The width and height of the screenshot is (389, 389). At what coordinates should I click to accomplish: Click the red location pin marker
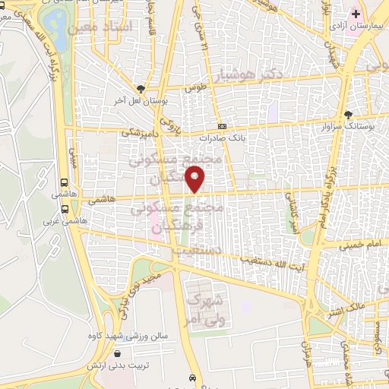tap(196, 179)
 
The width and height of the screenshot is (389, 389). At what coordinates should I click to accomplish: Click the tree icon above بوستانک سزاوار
tap(348, 112)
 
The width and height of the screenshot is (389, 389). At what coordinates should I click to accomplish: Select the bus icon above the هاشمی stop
tap(65, 183)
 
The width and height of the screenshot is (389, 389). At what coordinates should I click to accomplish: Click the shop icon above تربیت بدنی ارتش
tap(116, 353)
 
